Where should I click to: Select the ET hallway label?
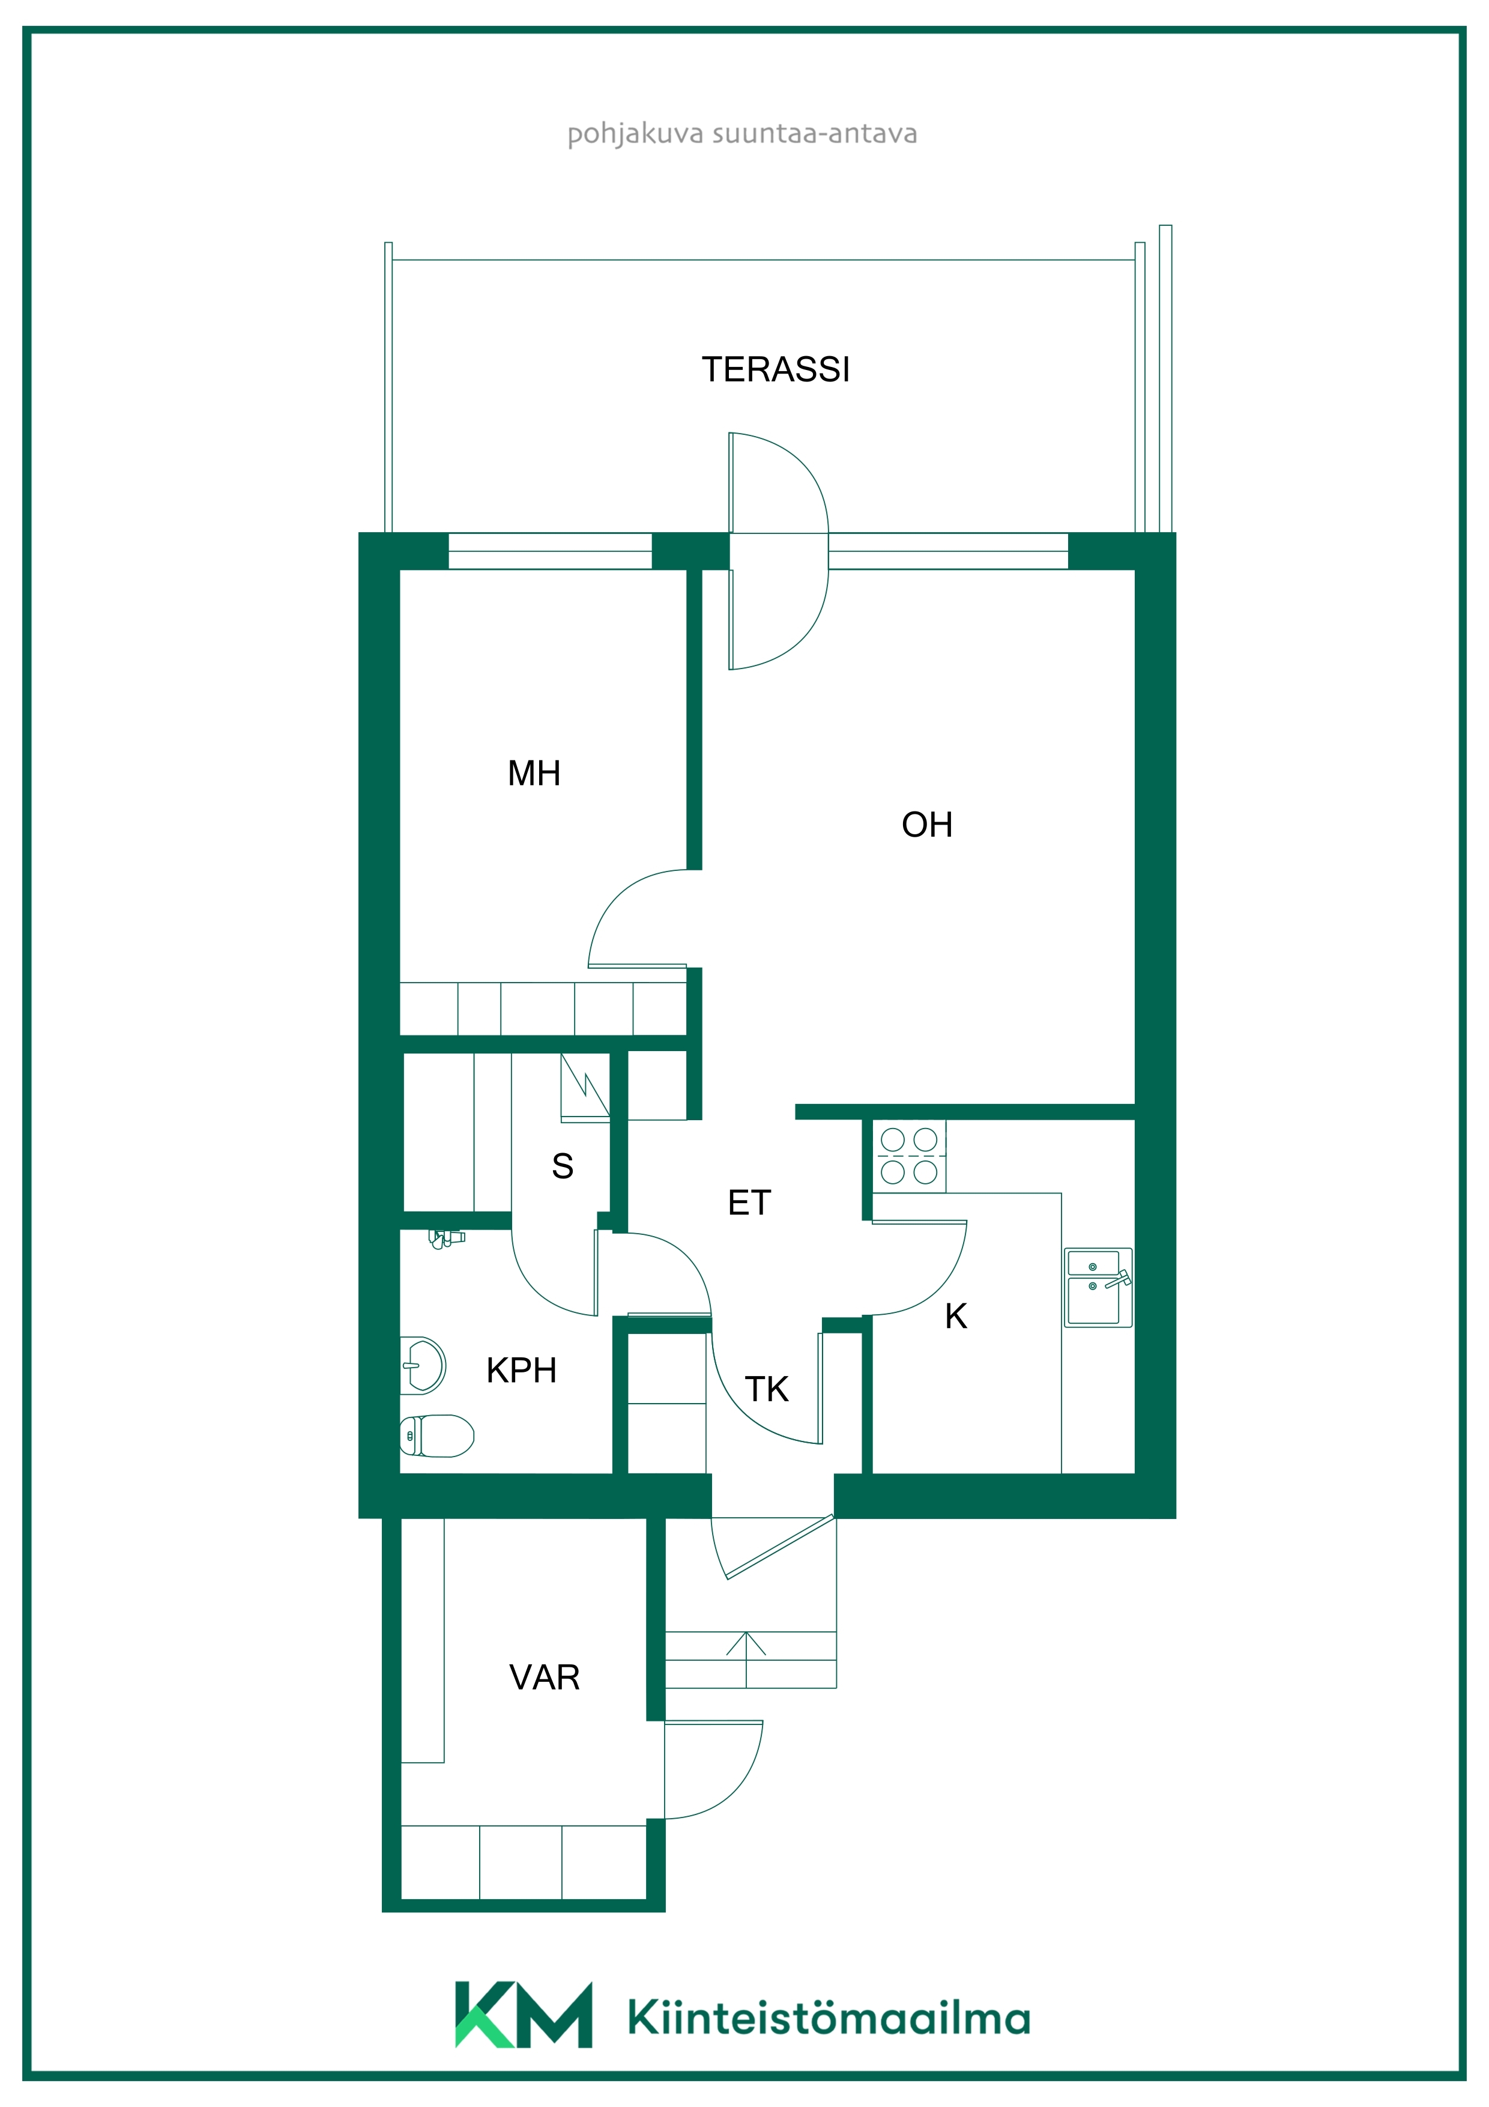pyautogui.click(x=749, y=1202)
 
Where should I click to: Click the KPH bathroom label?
pyautogui.click(x=521, y=1370)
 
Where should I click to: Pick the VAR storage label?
pyautogui.click(x=544, y=1678)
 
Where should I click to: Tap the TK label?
pyautogui.click(x=766, y=1389)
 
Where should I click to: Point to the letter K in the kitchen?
pyautogui.click(x=956, y=1316)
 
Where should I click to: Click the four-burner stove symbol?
pyautogui.click(x=908, y=1156)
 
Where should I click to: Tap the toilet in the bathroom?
pyautogui.click(x=436, y=1435)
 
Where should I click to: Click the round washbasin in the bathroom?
pyautogui.click(x=423, y=1365)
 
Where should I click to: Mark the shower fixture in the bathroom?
pyautogui.click(x=446, y=1240)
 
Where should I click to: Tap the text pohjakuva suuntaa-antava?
pyautogui.click(x=742, y=134)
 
